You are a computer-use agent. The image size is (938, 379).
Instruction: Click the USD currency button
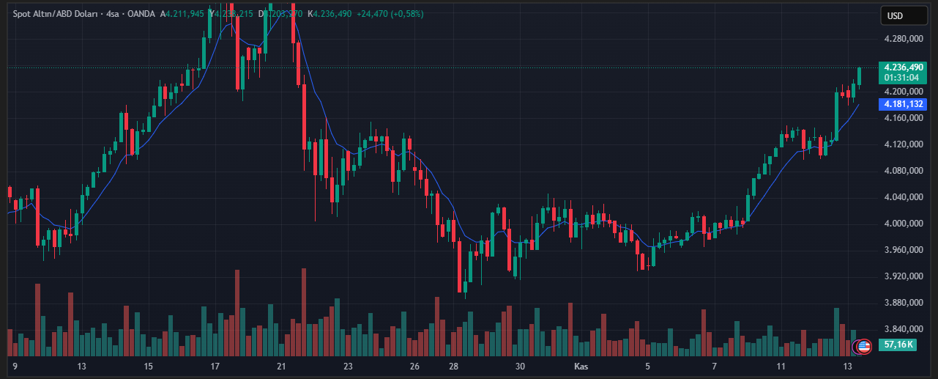tap(895, 16)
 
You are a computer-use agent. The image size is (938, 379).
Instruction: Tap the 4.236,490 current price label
tap(904, 67)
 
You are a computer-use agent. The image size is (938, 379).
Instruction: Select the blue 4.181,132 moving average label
tap(904, 104)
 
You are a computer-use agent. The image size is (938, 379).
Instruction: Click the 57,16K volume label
tap(898, 345)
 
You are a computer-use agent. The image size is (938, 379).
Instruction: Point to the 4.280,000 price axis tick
tap(904, 39)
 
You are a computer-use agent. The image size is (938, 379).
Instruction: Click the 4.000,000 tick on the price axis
tap(904, 224)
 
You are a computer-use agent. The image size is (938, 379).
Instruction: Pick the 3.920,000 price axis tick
tap(904, 276)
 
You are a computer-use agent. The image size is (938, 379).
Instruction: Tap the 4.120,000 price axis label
tap(904, 144)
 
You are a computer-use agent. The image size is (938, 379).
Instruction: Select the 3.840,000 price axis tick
tap(904, 329)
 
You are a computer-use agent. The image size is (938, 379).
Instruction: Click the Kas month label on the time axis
tap(581, 366)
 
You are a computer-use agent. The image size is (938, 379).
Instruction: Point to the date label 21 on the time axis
tap(281, 366)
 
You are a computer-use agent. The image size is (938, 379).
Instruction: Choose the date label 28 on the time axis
tap(454, 366)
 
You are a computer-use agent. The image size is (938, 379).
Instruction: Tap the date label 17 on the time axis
tap(215, 366)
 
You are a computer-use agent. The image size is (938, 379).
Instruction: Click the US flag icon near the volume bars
tap(864, 346)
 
